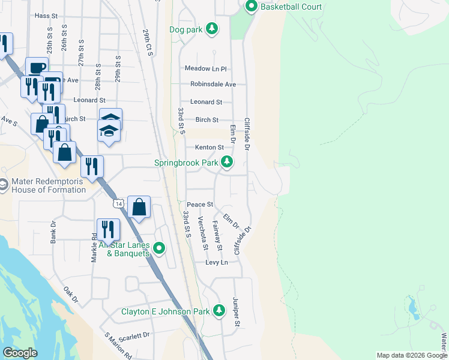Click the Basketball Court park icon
[x=250, y=7]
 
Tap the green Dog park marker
[x=211, y=28]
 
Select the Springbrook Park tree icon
[x=227, y=162]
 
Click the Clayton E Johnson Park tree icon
[x=219, y=311]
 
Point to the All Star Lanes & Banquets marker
[x=159, y=248]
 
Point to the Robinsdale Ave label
[x=213, y=85]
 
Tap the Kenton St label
[x=209, y=147]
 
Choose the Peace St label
[x=200, y=205]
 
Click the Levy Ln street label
[x=217, y=263]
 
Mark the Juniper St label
[x=237, y=312]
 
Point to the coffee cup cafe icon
[x=36, y=67]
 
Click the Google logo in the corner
[x=20, y=353]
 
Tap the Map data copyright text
[x=412, y=355]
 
